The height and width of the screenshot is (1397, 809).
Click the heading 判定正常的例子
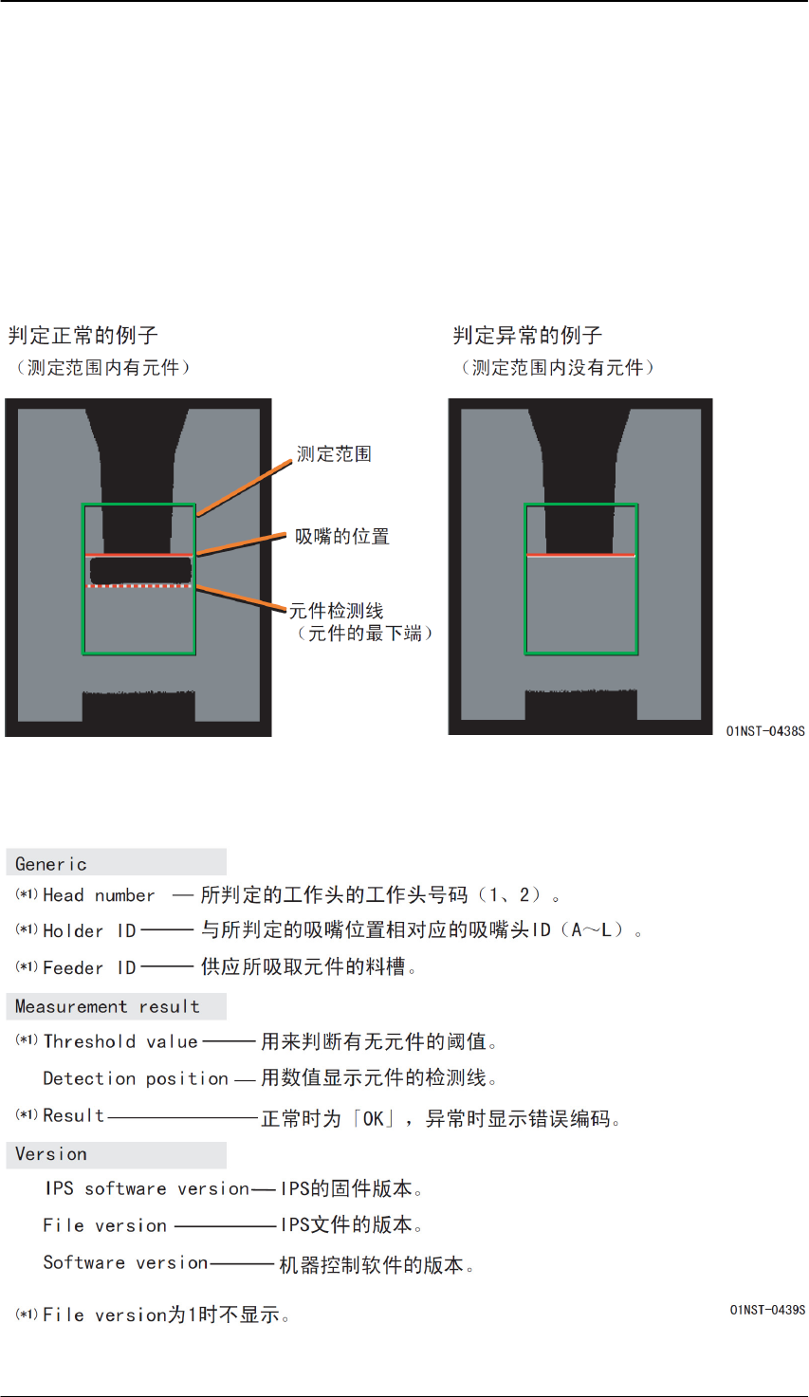pos(83,336)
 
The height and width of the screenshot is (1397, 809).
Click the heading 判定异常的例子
pos(527,336)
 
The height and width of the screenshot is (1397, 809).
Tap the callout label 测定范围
pos(334,454)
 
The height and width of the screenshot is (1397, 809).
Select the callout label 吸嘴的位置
pos(341,537)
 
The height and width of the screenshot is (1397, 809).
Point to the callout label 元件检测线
pos(336,612)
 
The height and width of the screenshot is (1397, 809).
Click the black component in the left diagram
pos(140,569)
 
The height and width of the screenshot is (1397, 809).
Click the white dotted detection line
pos(139,587)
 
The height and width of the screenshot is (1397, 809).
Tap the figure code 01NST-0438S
pos(764,731)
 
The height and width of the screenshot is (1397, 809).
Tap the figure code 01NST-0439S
pos(766,1310)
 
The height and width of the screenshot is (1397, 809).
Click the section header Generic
pos(51,864)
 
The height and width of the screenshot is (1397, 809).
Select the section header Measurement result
pos(107,1007)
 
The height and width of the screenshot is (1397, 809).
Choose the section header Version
pos(51,1154)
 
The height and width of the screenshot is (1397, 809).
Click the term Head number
pos(99,895)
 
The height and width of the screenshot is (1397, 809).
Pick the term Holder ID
pos(90,931)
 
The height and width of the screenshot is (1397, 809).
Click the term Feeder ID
pos(90,968)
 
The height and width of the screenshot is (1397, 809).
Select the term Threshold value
pos(120,1041)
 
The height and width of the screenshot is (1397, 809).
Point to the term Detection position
pos(136,1078)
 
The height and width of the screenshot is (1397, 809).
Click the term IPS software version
pos(147,1189)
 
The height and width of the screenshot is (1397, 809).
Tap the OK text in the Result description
pos(374,1119)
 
